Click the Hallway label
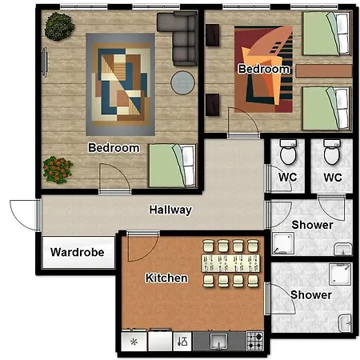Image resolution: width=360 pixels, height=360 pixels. [x=170, y=210]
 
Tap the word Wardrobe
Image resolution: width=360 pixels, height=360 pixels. [x=78, y=252]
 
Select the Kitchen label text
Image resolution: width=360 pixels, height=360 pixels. [x=166, y=278]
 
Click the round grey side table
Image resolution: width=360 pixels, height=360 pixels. [x=182, y=82]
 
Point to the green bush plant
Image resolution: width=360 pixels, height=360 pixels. [x=59, y=26]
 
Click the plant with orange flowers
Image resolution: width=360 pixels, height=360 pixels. [x=58, y=170]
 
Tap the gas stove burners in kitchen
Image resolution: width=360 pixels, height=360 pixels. [x=254, y=341]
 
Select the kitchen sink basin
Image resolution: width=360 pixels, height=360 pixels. [x=218, y=341]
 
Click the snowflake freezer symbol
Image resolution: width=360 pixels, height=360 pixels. [x=134, y=342]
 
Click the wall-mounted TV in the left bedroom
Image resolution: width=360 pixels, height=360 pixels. [x=45, y=62]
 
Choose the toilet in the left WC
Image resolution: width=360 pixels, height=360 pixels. [x=288, y=152]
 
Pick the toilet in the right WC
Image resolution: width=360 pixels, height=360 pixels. [x=332, y=152]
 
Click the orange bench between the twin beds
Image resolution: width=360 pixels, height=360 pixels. [x=324, y=71]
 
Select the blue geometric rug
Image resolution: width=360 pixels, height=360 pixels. [x=120, y=84]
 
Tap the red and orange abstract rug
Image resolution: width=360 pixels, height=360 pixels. [x=263, y=69]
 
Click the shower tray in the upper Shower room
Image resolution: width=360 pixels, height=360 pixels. [x=283, y=243]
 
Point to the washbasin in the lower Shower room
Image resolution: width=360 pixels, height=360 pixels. [x=346, y=323]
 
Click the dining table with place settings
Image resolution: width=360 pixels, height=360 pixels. [x=230, y=263]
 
